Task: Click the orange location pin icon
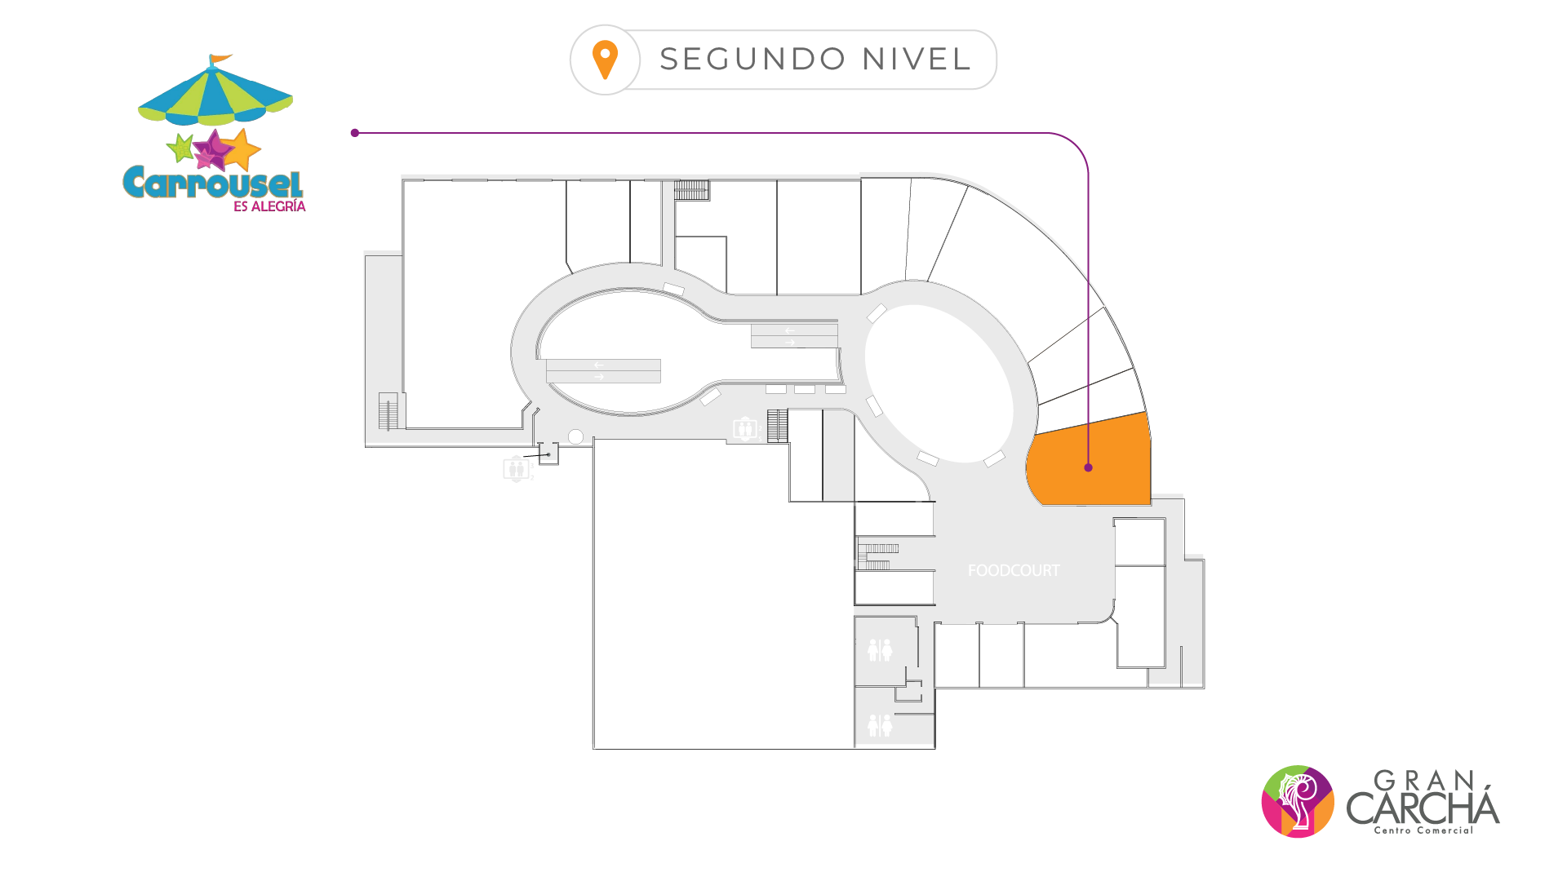click(x=605, y=60)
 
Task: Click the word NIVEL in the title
click(x=917, y=60)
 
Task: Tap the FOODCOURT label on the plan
click(x=1014, y=571)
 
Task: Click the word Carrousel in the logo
click(x=213, y=183)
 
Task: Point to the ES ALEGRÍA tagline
click(x=269, y=207)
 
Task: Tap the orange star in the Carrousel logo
click(x=242, y=149)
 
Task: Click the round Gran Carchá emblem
click(x=1298, y=801)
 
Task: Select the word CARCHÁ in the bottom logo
click(x=1423, y=808)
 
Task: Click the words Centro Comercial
click(x=1423, y=830)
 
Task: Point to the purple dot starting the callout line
click(x=355, y=133)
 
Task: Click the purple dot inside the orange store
click(x=1088, y=467)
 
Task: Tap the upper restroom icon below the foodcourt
click(x=880, y=650)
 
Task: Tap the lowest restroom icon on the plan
click(x=880, y=724)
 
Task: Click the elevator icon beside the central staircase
click(x=744, y=428)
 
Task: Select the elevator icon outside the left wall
click(x=516, y=469)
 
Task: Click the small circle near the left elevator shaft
click(x=575, y=436)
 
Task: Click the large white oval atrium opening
click(x=939, y=383)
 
